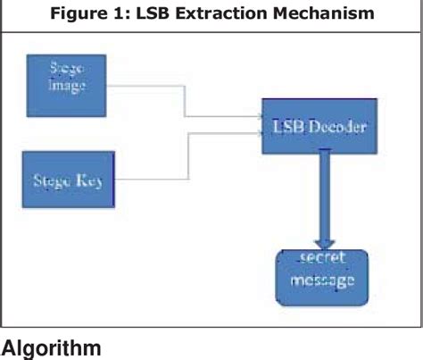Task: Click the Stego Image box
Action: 67,86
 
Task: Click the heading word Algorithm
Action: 51,348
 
